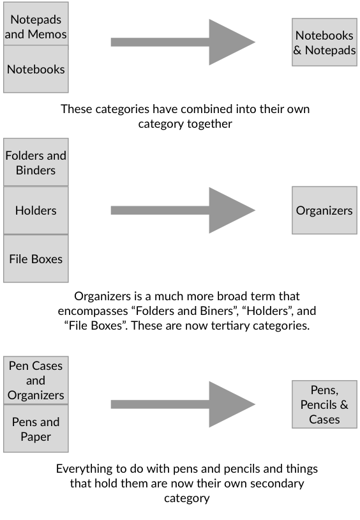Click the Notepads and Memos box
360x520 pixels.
coord(36,24)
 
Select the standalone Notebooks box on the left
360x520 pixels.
coord(36,69)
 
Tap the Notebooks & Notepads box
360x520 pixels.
coord(324,42)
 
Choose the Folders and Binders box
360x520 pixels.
coord(36,162)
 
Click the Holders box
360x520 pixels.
coord(36,210)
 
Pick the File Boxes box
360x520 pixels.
coord(36,259)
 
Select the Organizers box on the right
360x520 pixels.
coord(324,210)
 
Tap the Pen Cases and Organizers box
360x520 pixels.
coord(36,380)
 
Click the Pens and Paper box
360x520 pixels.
coord(36,429)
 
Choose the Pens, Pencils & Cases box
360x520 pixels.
coord(324,404)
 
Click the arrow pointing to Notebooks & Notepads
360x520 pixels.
coord(183,42)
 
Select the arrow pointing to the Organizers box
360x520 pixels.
coord(183,210)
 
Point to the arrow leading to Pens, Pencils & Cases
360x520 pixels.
coord(183,404)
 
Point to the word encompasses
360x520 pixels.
coord(93,311)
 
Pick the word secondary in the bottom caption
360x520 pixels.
coord(277,484)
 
